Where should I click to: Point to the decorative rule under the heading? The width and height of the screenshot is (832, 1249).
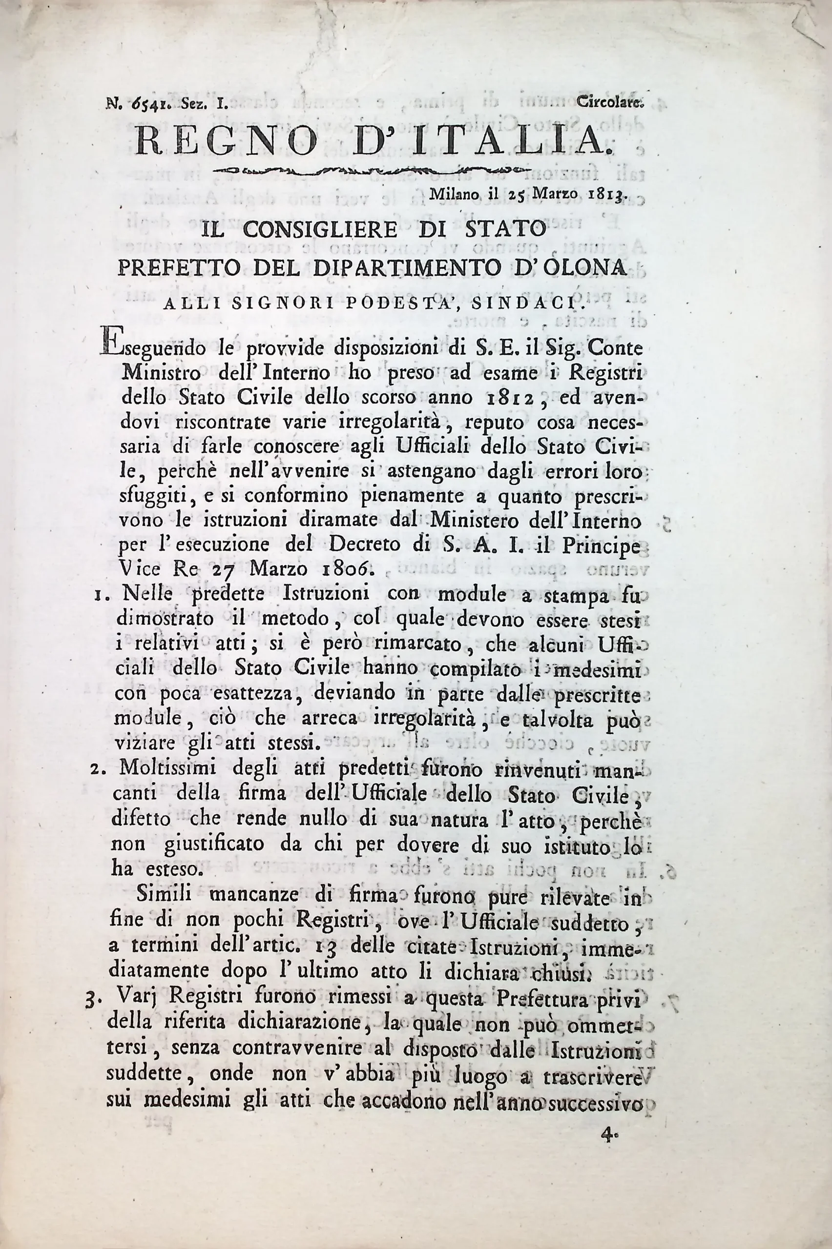coord(372,171)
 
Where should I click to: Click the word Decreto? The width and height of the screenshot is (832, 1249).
coord(370,544)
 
